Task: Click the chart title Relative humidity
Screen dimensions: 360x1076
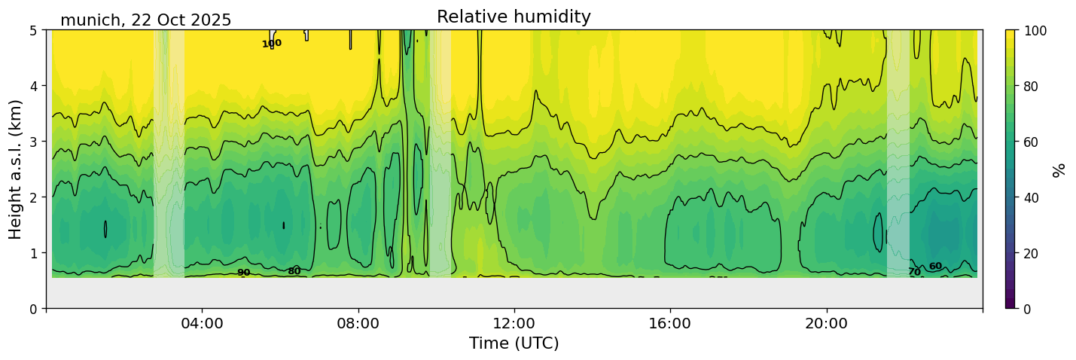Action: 514,17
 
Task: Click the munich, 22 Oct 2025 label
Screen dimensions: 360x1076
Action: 145,20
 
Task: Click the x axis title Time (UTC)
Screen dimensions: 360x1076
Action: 514,344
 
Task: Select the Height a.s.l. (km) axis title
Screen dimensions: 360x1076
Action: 16,169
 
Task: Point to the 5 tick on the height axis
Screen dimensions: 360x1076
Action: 35,31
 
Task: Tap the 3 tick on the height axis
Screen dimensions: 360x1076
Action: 35,142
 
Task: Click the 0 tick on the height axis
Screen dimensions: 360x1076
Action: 35,309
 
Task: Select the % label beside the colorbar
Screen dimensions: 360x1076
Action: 1059,169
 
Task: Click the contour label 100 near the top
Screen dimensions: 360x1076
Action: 271,44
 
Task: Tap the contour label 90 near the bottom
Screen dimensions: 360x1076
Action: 243,273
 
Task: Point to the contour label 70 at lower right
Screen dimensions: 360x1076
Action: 914,272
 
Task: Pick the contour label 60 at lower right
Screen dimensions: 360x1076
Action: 935,267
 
